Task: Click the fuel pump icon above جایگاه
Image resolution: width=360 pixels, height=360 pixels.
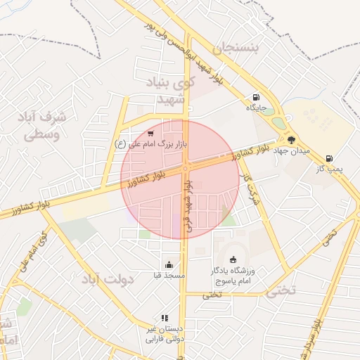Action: (x=254, y=98)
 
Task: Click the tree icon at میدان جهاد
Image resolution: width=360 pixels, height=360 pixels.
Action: (x=292, y=140)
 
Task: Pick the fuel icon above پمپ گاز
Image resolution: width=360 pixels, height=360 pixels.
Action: (x=329, y=159)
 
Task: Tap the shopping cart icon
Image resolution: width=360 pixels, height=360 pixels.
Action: (x=150, y=133)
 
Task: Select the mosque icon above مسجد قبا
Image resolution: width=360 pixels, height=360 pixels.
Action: (x=169, y=265)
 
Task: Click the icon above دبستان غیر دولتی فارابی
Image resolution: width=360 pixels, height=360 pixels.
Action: (x=165, y=318)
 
